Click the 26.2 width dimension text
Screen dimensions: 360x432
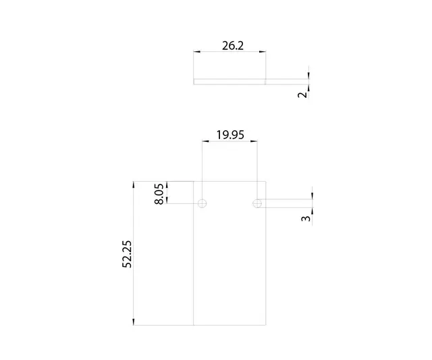[232, 45]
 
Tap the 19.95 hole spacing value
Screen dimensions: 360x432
[230, 134]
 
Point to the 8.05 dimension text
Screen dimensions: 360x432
[159, 193]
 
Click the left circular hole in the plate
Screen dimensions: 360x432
[202, 203]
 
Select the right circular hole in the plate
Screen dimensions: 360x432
[256, 203]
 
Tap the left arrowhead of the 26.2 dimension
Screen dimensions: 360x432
[196, 51]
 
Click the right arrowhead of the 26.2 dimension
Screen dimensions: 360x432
[263, 51]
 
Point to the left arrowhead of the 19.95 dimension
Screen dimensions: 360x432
[205, 141]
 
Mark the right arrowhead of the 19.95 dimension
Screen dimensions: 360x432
[253, 141]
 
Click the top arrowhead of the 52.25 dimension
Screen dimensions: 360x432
[134, 184]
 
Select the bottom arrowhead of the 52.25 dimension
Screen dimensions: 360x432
[134, 322]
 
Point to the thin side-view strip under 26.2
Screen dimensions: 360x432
[230, 81]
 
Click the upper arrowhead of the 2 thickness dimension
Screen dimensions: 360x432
[308, 74]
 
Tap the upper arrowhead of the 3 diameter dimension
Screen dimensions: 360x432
[312, 196]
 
